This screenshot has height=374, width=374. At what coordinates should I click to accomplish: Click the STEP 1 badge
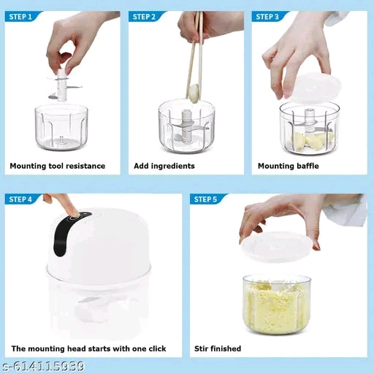20,16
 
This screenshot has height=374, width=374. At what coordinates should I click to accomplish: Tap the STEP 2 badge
145,16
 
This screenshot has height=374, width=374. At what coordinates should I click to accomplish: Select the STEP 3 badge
268,16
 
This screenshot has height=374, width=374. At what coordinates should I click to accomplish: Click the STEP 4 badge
20,199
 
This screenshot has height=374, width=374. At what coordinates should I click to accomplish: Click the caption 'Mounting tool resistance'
57,166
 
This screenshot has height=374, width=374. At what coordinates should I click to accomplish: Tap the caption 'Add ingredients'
164,166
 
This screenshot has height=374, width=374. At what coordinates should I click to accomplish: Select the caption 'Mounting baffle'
289,166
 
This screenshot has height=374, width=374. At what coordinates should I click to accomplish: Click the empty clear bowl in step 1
61,127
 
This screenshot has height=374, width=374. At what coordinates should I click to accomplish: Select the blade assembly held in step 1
64,87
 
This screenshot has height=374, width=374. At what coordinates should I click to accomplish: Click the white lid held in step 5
278,246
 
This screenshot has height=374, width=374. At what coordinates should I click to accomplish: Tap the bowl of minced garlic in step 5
275,302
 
